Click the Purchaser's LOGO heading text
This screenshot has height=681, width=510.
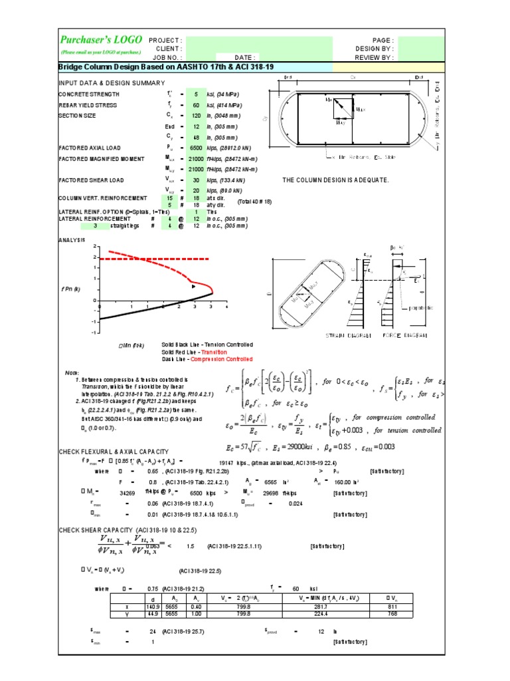coord(100,40)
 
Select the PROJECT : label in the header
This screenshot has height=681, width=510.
coord(165,41)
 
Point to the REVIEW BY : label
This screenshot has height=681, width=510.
coord(375,58)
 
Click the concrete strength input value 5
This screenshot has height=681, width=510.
coord(196,94)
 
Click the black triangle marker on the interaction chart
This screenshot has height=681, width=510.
coord(193,287)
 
